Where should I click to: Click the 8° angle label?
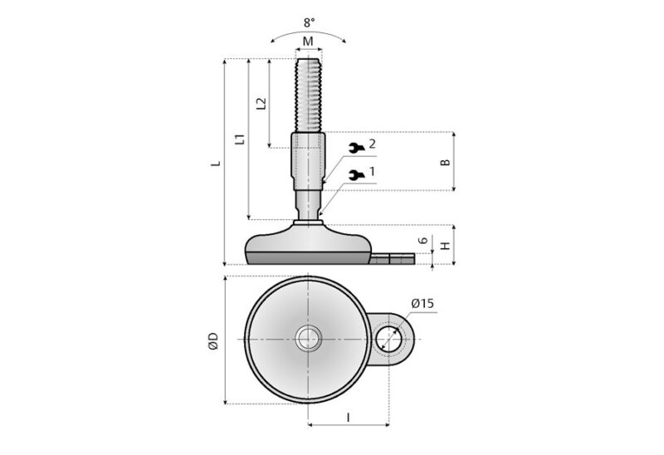click(309, 22)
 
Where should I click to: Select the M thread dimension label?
click(308, 42)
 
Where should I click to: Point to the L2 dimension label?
click(261, 104)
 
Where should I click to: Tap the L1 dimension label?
click(240, 139)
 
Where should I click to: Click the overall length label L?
click(216, 163)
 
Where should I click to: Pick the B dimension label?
click(445, 162)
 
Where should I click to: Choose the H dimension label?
click(445, 246)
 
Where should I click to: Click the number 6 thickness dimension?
click(422, 241)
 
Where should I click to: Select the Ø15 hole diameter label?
click(422, 303)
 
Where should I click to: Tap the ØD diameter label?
click(213, 341)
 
